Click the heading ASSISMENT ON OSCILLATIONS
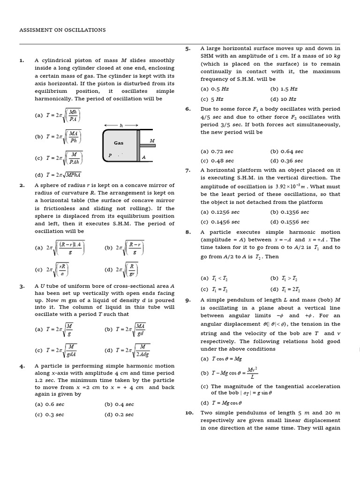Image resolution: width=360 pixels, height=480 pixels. point(62,30)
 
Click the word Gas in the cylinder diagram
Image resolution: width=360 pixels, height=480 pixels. point(119,143)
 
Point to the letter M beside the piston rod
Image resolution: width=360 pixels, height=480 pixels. point(151,141)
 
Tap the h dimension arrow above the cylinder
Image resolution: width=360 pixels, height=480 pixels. point(121,125)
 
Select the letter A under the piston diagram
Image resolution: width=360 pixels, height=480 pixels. point(144,158)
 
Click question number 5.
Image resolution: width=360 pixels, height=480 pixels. point(187,48)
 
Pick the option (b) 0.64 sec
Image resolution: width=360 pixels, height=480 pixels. point(286,151)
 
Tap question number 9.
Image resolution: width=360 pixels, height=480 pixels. point(187,300)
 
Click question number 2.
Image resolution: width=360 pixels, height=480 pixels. point(22,185)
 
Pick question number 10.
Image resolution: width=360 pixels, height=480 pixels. point(188,412)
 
